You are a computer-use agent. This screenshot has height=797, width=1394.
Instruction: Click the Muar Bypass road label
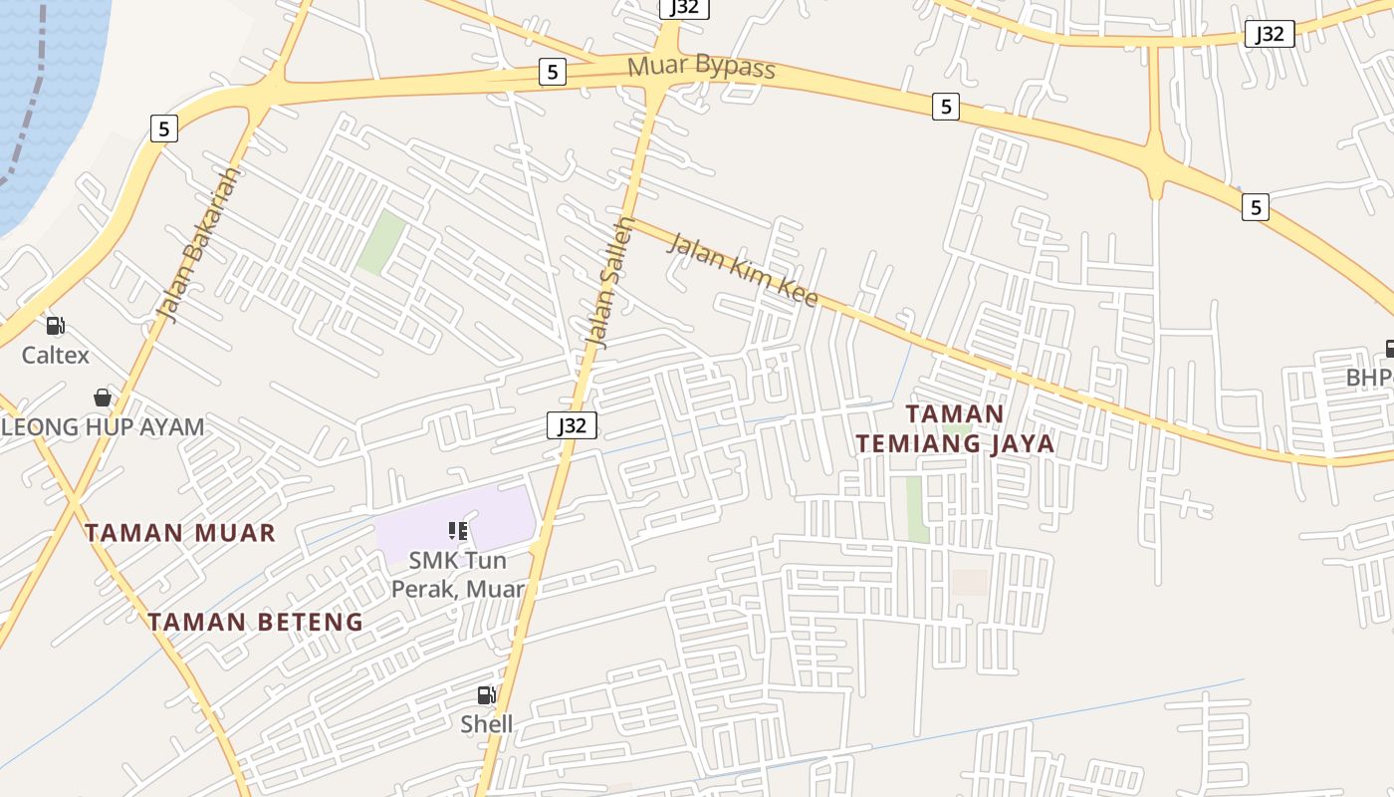[x=701, y=68]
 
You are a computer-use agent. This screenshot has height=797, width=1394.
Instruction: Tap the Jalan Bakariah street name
[x=199, y=244]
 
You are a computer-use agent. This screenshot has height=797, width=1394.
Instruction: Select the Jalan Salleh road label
[x=610, y=282]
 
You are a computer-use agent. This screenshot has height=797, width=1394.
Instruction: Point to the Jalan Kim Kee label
[x=742, y=269]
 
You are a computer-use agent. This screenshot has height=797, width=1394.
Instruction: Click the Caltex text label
[x=56, y=355]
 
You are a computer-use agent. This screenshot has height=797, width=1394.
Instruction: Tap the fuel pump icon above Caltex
[x=56, y=325]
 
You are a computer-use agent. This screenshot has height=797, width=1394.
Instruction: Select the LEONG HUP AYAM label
[x=103, y=427]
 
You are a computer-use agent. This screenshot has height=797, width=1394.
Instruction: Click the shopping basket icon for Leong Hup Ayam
[x=103, y=398]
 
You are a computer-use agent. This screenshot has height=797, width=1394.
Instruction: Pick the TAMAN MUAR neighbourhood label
[x=179, y=532]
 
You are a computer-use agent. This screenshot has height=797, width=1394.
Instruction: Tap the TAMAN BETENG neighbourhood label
[x=256, y=622]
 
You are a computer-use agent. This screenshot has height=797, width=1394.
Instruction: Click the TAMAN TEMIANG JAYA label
[x=955, y=428]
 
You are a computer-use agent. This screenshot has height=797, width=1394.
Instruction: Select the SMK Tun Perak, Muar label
[x=458, y=575]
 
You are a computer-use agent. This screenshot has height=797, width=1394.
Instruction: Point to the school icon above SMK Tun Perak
[x=458, y=531]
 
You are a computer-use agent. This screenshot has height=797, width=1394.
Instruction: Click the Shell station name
[x=487, y=724]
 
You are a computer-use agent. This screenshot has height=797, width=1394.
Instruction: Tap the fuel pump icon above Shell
[x=486, y=695]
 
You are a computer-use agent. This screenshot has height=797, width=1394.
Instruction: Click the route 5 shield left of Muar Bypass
[x=552, y=72]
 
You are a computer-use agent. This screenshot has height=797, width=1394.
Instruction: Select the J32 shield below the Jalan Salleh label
[x=572, y=425]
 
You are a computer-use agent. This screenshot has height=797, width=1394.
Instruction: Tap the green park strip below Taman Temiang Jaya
[x=916, y=508]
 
